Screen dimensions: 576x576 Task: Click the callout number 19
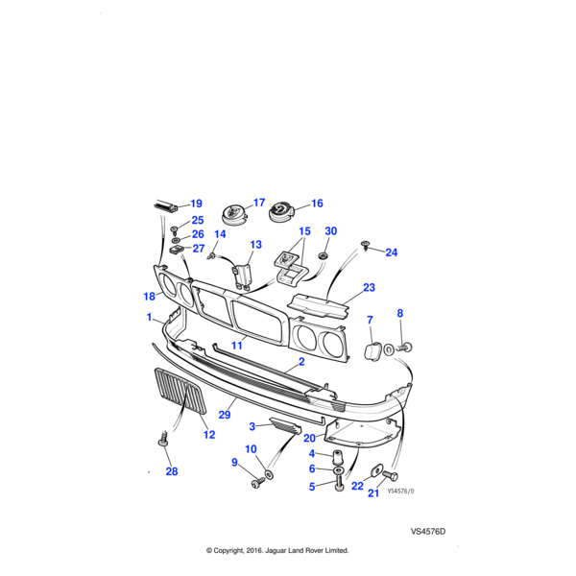click(196, 204)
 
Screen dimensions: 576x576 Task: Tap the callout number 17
click(258, 204)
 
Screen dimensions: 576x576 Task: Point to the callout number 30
click(331, 231)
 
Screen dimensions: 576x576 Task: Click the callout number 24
click(391, 252)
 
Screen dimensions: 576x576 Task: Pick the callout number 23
click(369, 287)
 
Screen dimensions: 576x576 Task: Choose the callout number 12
click(209, 435)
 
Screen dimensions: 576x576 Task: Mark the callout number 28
click(172, 470)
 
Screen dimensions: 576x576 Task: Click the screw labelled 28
click(161, 442)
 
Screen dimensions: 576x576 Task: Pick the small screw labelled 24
click(367, 248)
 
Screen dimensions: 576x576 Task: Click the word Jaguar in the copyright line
click(277, 551)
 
